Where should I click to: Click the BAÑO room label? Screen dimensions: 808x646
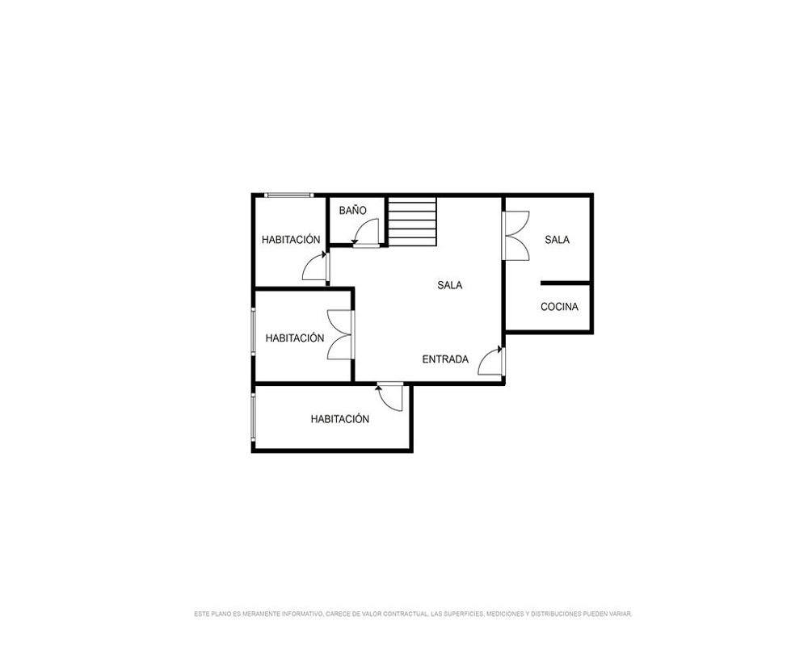pos(353,210)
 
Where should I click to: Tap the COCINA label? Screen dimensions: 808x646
pos(560,307)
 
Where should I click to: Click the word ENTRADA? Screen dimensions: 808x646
pos(445,359)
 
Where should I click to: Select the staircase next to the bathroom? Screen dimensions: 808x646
pos(412,221)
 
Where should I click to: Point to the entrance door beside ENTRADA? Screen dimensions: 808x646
pos(490,361)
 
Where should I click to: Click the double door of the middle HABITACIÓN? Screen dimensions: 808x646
pos(340,335)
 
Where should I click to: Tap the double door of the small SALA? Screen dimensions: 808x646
pos(516,236)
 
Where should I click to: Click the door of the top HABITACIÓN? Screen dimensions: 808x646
pos(315,266)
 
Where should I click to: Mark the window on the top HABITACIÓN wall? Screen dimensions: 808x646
pos(288,195)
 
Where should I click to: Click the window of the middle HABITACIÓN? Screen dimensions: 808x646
pos(253,331)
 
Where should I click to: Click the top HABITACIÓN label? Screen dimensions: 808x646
pos(291,240)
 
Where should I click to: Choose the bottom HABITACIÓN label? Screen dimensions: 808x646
pos(340,419)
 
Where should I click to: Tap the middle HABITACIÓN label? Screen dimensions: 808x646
pos(295,338)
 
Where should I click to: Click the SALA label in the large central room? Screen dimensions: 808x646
pos(450,285)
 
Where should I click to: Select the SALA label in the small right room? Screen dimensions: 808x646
pos(557,240)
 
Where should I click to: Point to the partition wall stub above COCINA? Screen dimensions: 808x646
pos(566,283)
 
